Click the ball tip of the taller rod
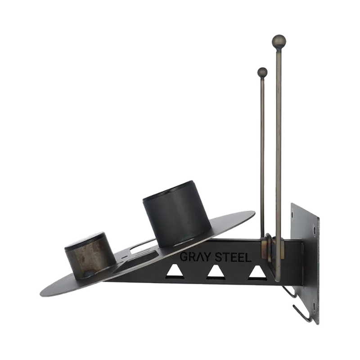[279, 41]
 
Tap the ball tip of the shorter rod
[262, 72]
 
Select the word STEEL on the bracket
[233, 257]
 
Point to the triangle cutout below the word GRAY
[175, 272]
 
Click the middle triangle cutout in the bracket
[216, 273]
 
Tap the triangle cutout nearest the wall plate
[257, 273]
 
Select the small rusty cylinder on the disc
[90, 257]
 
